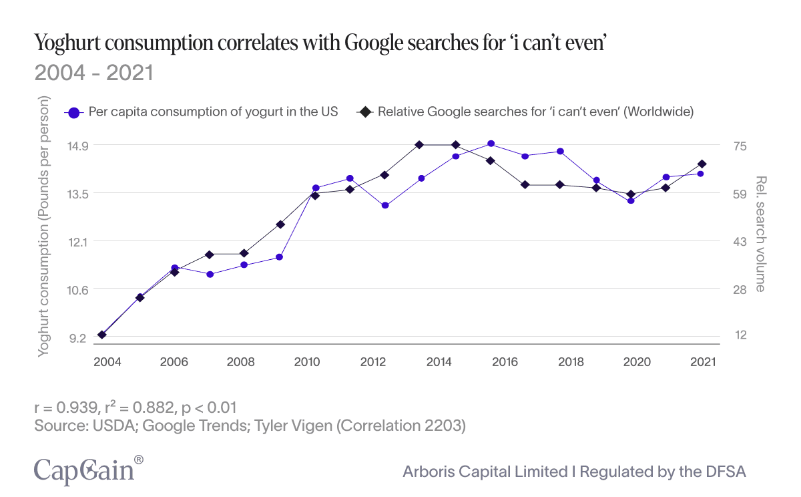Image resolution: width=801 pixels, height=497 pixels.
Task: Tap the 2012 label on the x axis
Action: tap(373, 362)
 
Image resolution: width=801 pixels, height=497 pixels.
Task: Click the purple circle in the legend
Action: tap(75, 112)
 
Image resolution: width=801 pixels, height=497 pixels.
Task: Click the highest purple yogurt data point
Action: tap(491, 144)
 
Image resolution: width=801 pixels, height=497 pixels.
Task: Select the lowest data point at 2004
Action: tap(101, 335)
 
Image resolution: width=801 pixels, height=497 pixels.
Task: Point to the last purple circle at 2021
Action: tap(700, 174)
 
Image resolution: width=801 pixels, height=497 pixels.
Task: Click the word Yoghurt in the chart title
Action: tap(67, 45)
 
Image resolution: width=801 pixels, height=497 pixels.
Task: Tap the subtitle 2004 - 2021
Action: tap(94, 73)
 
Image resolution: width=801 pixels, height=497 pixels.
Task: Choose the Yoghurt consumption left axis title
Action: tap(44, 227)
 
